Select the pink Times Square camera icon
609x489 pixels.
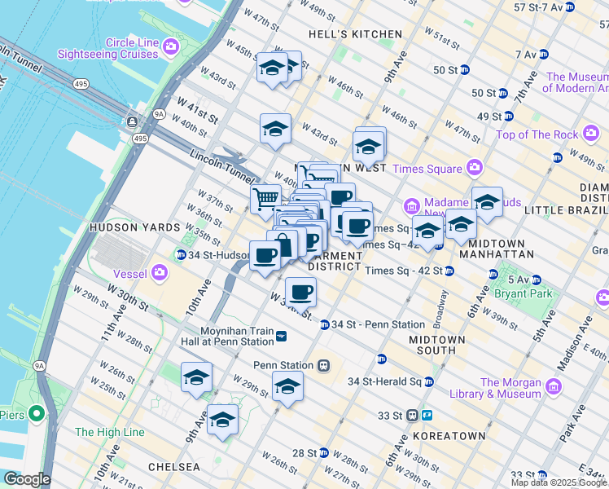coord(475,168)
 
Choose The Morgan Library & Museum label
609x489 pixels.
coord(510,388)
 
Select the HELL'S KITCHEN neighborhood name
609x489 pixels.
coord(356,34)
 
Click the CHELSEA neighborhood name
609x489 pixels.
coord(173,467)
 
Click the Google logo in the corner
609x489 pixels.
coord(26,479)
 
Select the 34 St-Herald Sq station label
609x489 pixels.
coord(383,381)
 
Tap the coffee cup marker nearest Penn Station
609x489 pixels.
coord(300,291)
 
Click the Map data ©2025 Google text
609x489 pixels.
coord(559,482)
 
